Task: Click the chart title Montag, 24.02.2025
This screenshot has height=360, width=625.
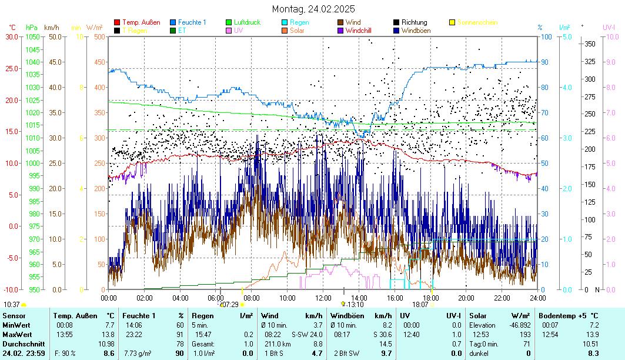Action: click(x=313, y=9)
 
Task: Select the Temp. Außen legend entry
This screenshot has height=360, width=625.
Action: click(x=141, y=22)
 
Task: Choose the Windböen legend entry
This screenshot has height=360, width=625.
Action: click(x=415, y=31)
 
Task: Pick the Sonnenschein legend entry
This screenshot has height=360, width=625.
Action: click(x=477, y=22)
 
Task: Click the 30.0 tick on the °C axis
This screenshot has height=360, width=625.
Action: click(x=12, y=36)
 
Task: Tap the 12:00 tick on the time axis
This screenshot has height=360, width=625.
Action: click(x=323, y=298)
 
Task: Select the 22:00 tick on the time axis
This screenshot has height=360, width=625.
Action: click(x=502, y=298)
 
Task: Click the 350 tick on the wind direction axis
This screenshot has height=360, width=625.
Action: click(x=589, y=44)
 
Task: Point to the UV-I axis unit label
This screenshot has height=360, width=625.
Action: click(x=609, y=27)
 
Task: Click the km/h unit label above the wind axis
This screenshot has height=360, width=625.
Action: click(x=51, y=27)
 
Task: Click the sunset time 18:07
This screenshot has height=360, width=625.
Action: click(x=420, y=304)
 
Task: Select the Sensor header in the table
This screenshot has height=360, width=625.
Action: click(x=14, y=316)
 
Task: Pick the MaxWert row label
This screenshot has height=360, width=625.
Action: click(x=17, y=334)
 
